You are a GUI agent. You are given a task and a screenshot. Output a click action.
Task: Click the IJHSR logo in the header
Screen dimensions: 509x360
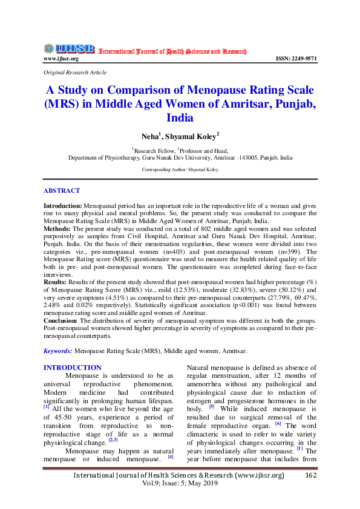click(68, 49)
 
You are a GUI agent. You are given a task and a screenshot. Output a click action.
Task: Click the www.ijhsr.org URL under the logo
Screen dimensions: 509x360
click(61, 59)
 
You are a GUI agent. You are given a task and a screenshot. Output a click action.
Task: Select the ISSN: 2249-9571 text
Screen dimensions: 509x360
click(296, 59)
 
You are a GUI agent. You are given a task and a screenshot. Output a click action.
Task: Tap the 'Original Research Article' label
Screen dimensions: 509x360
click(75, 73)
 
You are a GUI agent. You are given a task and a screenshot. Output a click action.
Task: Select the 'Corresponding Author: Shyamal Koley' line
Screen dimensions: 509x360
click(180, 170)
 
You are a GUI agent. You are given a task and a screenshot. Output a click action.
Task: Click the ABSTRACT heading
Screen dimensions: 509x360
click(62, 190)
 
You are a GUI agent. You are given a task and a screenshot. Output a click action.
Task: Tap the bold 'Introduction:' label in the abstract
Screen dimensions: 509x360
click(63, 207)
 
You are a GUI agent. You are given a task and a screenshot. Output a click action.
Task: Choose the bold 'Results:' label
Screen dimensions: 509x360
click(57, 282)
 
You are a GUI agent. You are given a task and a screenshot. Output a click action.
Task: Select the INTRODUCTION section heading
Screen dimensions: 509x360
click(73, 368)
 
